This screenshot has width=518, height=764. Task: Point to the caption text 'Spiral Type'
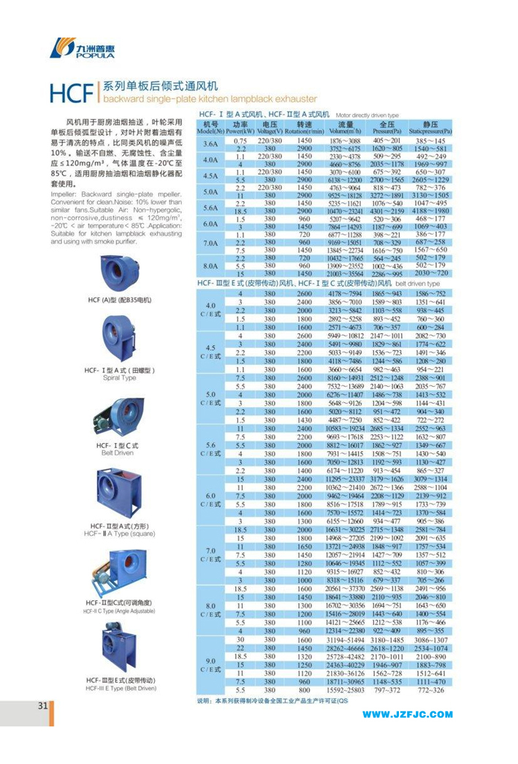[x=118, y=378]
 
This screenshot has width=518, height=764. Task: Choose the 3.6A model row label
[x=210, y=144]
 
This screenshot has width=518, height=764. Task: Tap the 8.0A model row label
[x=210, y=265]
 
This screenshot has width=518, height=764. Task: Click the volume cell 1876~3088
[x=346, y=140]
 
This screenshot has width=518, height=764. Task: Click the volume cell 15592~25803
[x=346, y=689]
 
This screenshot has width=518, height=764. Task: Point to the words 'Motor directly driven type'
[x=367, y=116]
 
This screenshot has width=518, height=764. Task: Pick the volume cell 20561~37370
[x=346, y=589]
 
